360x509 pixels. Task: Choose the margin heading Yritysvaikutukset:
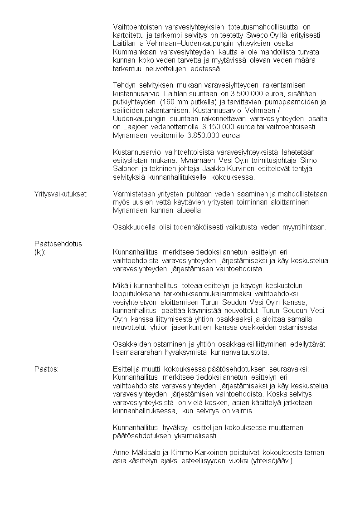pos(61,194)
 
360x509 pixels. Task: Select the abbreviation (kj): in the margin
pos(40,252)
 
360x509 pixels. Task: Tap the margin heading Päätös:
pos(46,369)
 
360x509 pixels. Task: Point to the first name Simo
pos(309,161)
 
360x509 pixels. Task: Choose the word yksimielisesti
pos(196,436)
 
